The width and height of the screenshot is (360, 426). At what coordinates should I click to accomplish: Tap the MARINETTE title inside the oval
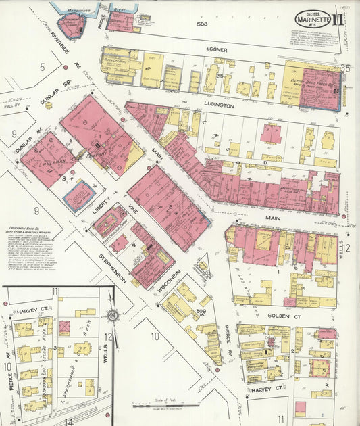point(312,20)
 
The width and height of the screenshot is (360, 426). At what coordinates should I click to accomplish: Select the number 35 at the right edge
point(345,68)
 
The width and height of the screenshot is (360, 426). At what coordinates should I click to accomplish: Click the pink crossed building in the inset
point(64,328)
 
